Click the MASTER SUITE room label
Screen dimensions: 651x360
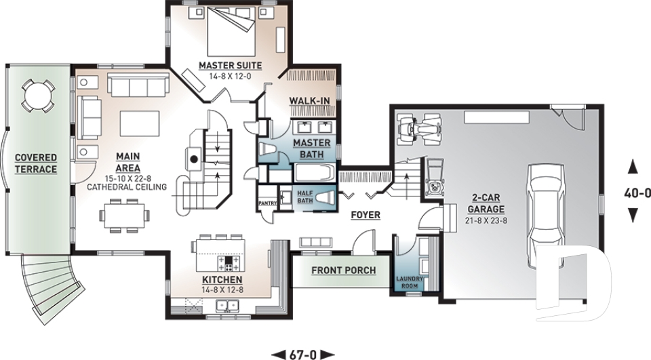click(230, 66)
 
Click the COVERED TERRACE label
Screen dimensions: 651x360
click(36, 163)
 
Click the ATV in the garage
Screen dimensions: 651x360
click(419, 129)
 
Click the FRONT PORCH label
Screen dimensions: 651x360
click(344, 271)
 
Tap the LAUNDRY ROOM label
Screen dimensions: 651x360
click(409, 282)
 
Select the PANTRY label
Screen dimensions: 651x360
click(267, 203)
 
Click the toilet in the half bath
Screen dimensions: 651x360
click(325, 199)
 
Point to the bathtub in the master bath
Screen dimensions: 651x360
click(315, 173)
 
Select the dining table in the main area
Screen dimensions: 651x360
click(125, 215)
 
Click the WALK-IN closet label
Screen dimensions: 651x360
click(309, 100)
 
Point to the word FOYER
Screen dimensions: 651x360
click(366, 215)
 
